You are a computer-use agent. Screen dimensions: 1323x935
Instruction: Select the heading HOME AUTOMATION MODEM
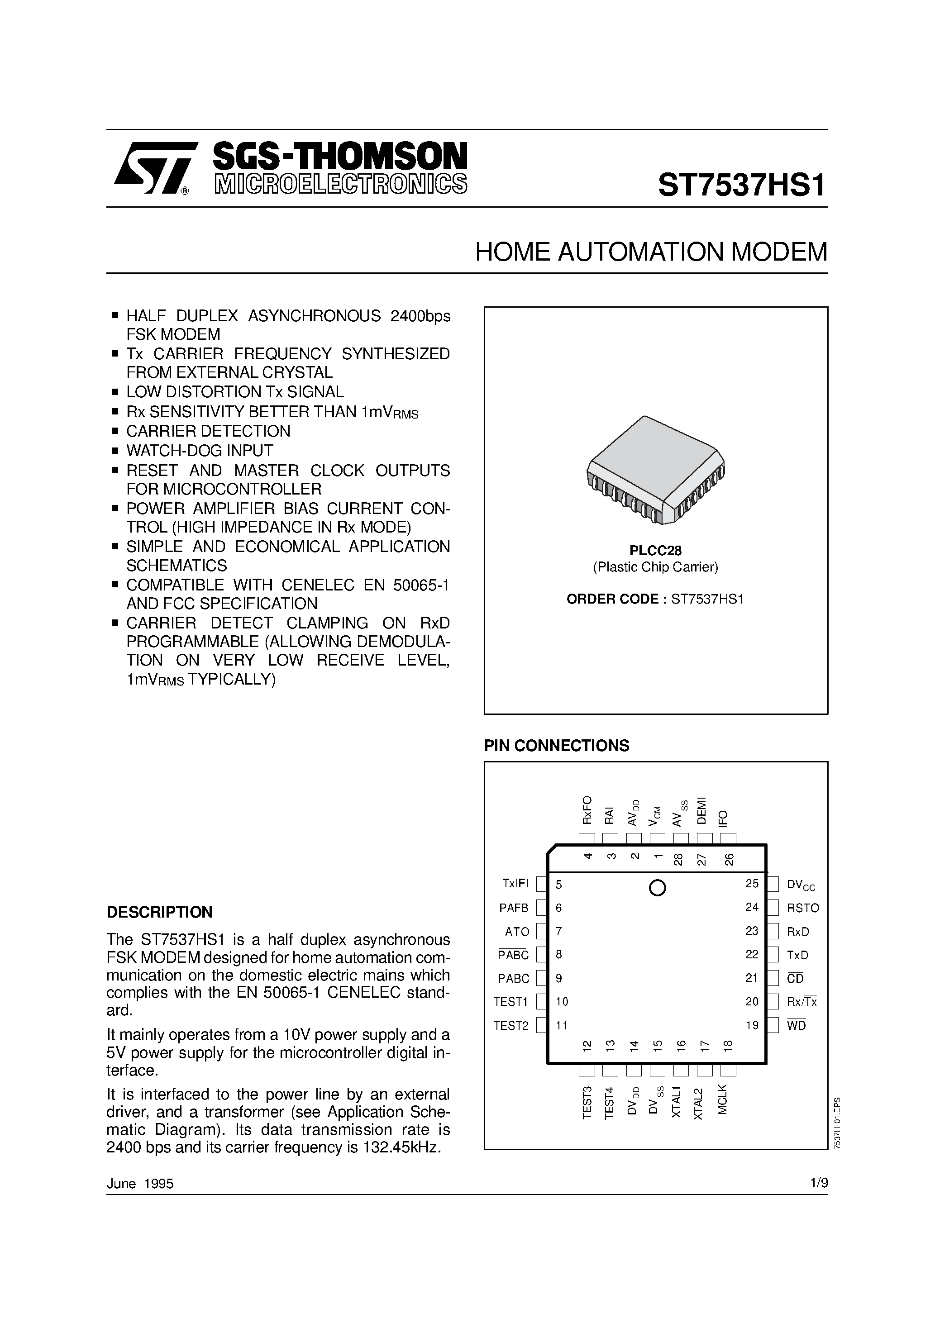651,252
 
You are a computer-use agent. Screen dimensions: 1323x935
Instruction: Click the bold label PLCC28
655,550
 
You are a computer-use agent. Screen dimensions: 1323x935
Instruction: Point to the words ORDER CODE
612,599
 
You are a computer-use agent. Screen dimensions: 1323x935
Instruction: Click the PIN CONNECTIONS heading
556,746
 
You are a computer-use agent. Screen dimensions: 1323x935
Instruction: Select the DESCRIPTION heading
160,912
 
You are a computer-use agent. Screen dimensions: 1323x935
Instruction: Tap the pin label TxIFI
515,883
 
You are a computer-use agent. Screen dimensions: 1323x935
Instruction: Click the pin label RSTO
802,908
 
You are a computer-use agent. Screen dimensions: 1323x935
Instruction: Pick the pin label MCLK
723,1099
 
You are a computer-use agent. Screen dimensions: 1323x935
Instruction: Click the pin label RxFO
587,809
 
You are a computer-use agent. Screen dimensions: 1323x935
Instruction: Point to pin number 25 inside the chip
752,883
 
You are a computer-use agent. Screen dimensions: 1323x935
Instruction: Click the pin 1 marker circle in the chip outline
657,888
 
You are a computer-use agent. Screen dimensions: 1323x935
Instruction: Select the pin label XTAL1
677,1102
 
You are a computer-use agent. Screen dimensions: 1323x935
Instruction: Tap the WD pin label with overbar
796,1026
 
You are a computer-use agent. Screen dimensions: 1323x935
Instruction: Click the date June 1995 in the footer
140,1184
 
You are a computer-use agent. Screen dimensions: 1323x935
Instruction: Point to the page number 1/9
819,1183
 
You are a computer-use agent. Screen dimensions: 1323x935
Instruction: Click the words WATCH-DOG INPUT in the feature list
200,451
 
